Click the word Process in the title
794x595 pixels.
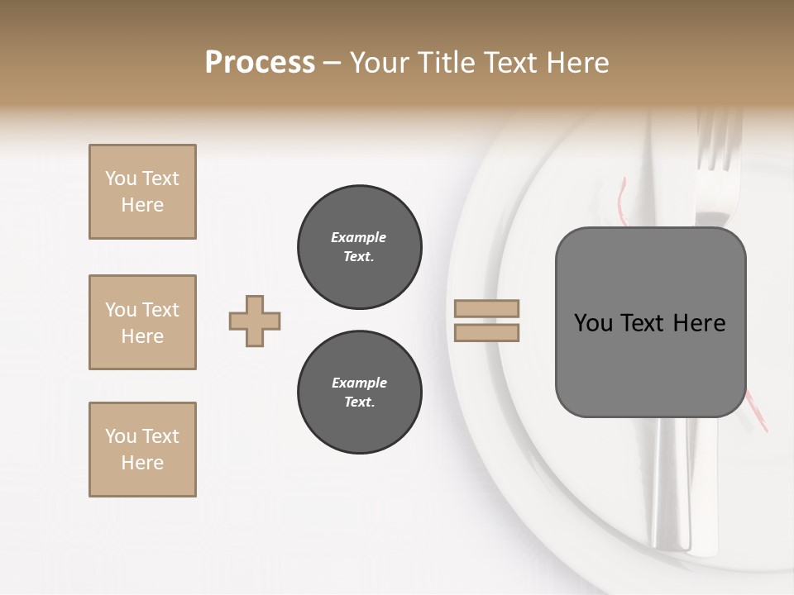point(260,63)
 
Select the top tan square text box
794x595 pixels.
point(142,192)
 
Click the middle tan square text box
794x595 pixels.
point(142,322)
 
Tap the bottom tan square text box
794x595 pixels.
point(142,450)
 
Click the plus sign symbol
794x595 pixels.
point(255,321)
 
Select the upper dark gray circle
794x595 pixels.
point(359,247)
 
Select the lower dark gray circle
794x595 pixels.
point(359,393)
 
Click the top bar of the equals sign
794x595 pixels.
point(487,309)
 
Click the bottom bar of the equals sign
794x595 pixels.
point(487,332)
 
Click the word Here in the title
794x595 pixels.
point(579,63)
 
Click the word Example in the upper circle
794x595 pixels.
point(359,237)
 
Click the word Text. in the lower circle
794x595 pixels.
point(359,402)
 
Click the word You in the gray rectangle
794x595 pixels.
point(593,323)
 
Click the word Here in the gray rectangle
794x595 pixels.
point(700,323)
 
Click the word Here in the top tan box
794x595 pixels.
point(142,205)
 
